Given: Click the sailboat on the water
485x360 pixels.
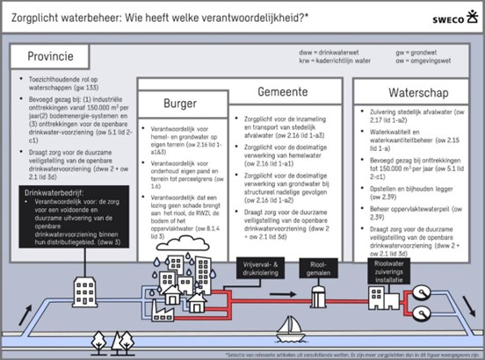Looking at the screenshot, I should coord(290,331).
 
